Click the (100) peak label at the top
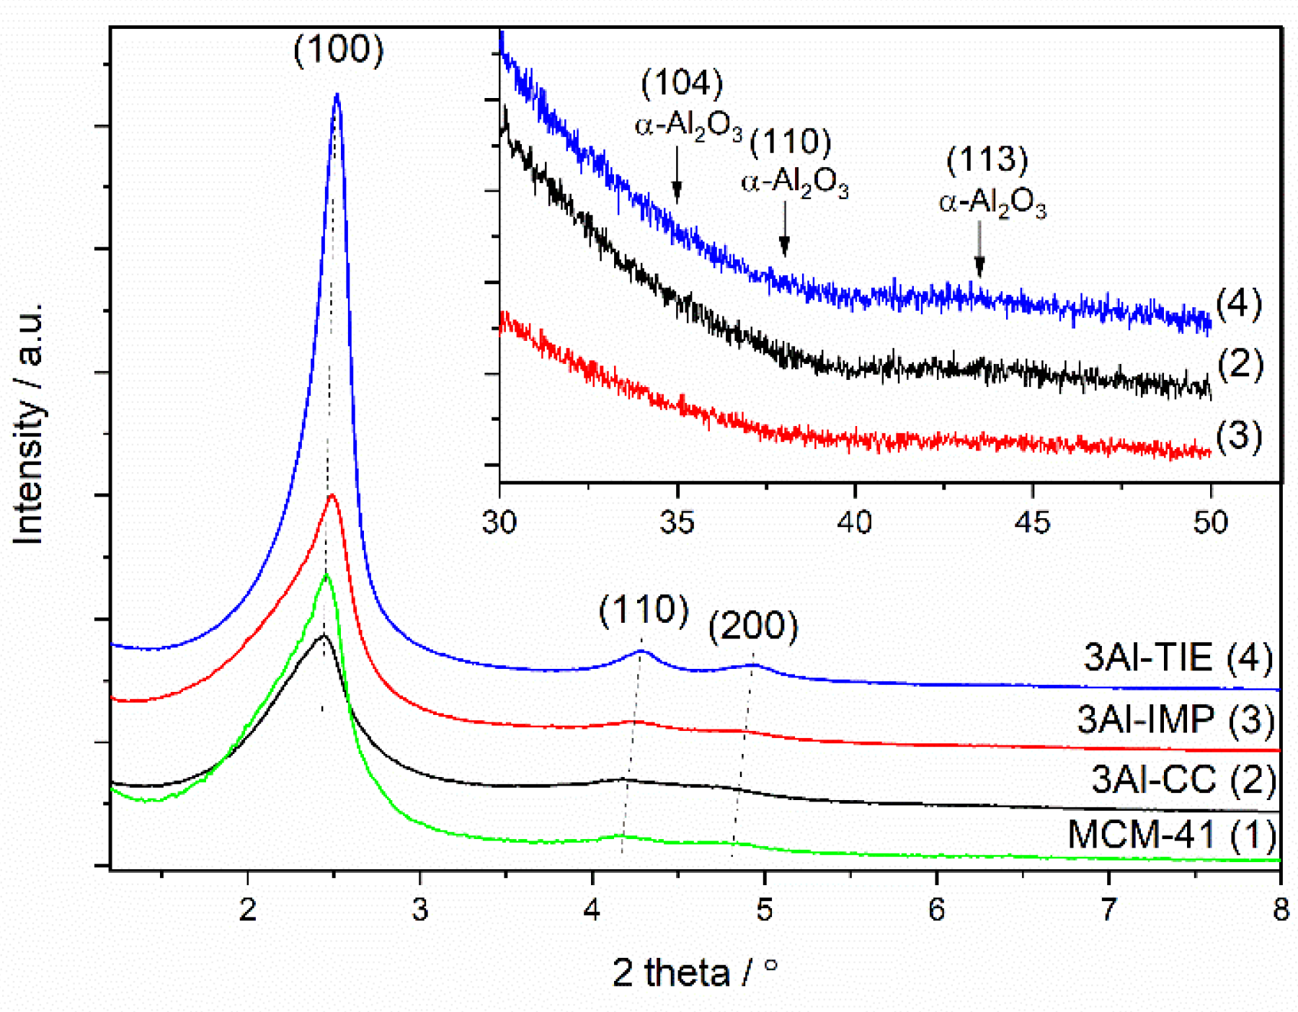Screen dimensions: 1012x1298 tap(338, 50)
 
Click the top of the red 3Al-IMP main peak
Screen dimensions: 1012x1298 tap(332, 495)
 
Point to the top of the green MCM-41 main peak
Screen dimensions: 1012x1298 tap(326, 575)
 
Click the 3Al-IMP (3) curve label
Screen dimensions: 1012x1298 tap(1175, 719)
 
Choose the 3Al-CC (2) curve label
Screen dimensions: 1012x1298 tap(1183, 779)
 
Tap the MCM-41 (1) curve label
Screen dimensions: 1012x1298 tap(1171, 835)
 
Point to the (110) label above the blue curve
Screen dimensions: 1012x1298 tap(644, 610)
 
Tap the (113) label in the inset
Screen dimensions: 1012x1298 tap(987, 159)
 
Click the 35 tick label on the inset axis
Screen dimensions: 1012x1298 tap(677, 522)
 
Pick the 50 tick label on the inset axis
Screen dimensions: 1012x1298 tap(1210, 522)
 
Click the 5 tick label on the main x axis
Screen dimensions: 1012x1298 tap(764, 910)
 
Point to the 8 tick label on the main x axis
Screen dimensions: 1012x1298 tap(1280, 910)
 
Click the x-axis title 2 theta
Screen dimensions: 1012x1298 tap(695, 972)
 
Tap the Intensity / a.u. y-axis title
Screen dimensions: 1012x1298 tap(29, 425)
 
